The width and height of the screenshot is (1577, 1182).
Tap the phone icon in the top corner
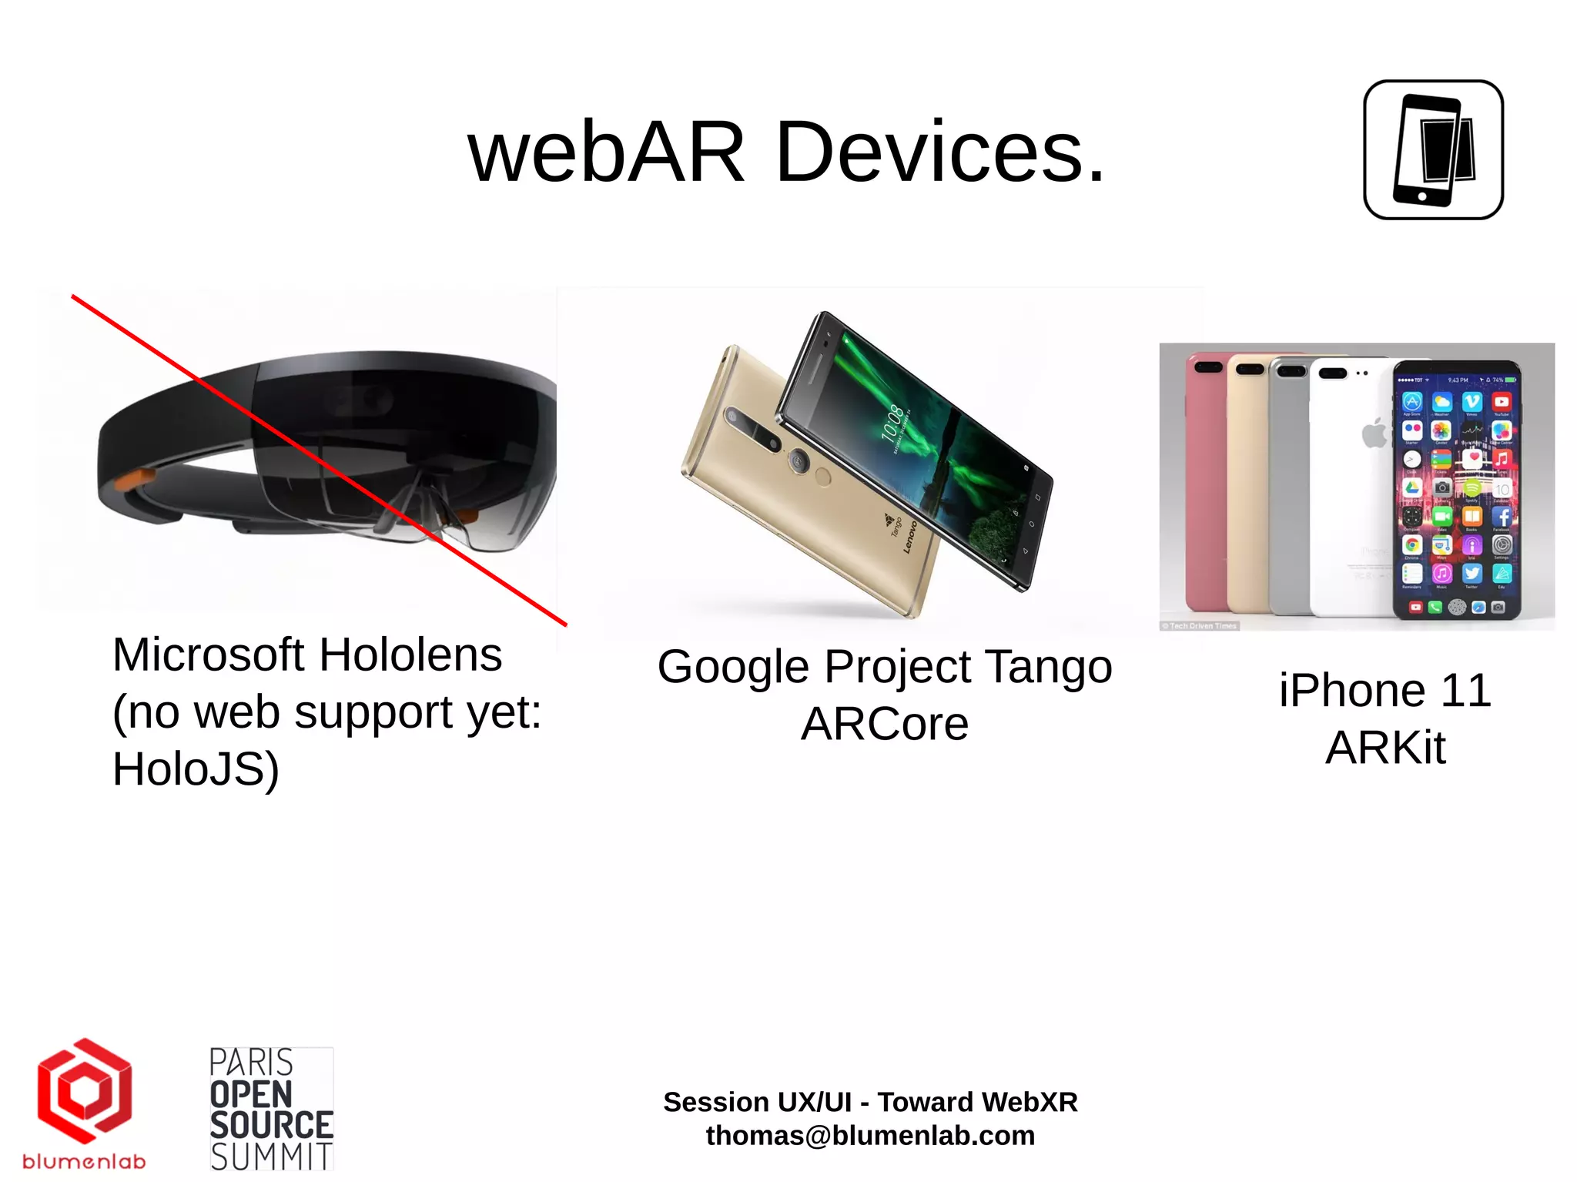[x=1433, y=150]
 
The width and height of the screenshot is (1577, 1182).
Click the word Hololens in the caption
[x=410, y=655]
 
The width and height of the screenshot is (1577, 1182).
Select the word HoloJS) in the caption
[x=196, y=769]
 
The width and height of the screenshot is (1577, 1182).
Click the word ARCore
[x=885, y=725]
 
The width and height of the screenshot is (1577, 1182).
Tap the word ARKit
[x=1385, y=748]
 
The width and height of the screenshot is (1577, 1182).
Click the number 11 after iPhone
[x=1465, y=691]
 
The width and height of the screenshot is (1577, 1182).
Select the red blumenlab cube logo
[x=84, y=1091]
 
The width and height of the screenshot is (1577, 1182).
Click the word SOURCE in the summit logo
[x=271, y=1126]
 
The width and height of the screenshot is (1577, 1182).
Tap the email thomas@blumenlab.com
[x=870, y=1136]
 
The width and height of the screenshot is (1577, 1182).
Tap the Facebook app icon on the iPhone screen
[x=1502, y=517]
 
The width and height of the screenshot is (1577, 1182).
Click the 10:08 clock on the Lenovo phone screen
[x=891, y=424]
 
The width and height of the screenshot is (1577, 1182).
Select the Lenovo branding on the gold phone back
[x=910, y=537]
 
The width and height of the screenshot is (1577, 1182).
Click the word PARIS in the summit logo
[x=251, y=1063]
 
